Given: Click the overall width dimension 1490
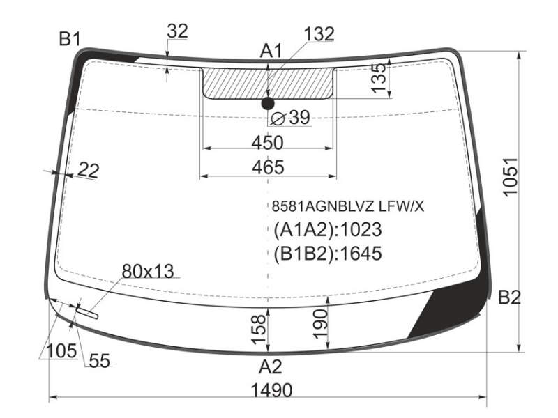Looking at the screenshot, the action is point(271,390).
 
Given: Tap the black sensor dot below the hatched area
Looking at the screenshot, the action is point(268,103).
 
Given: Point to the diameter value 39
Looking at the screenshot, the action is point(300,117).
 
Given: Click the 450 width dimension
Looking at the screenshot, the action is point(268,143).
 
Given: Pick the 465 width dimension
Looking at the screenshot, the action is point(268,167).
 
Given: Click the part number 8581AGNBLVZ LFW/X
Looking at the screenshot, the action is point(347,206).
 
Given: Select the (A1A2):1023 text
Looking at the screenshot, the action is point(327,229).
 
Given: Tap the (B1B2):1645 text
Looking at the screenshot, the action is point(327,254).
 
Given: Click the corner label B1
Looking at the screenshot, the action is point(70,39).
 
